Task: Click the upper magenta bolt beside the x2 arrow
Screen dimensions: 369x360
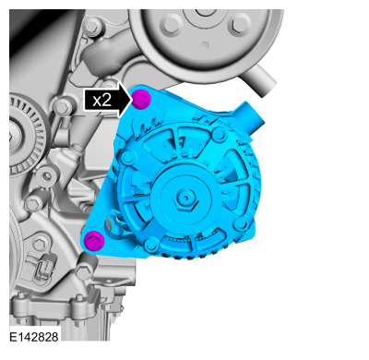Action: (x=141, y=99)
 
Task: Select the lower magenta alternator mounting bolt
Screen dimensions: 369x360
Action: (x=94, y=240)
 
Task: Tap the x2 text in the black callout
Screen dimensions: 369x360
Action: (x=101, y=101)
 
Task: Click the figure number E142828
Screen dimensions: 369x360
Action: (x=34, y=337)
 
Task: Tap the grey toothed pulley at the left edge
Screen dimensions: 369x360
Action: (x=26, y=136)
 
